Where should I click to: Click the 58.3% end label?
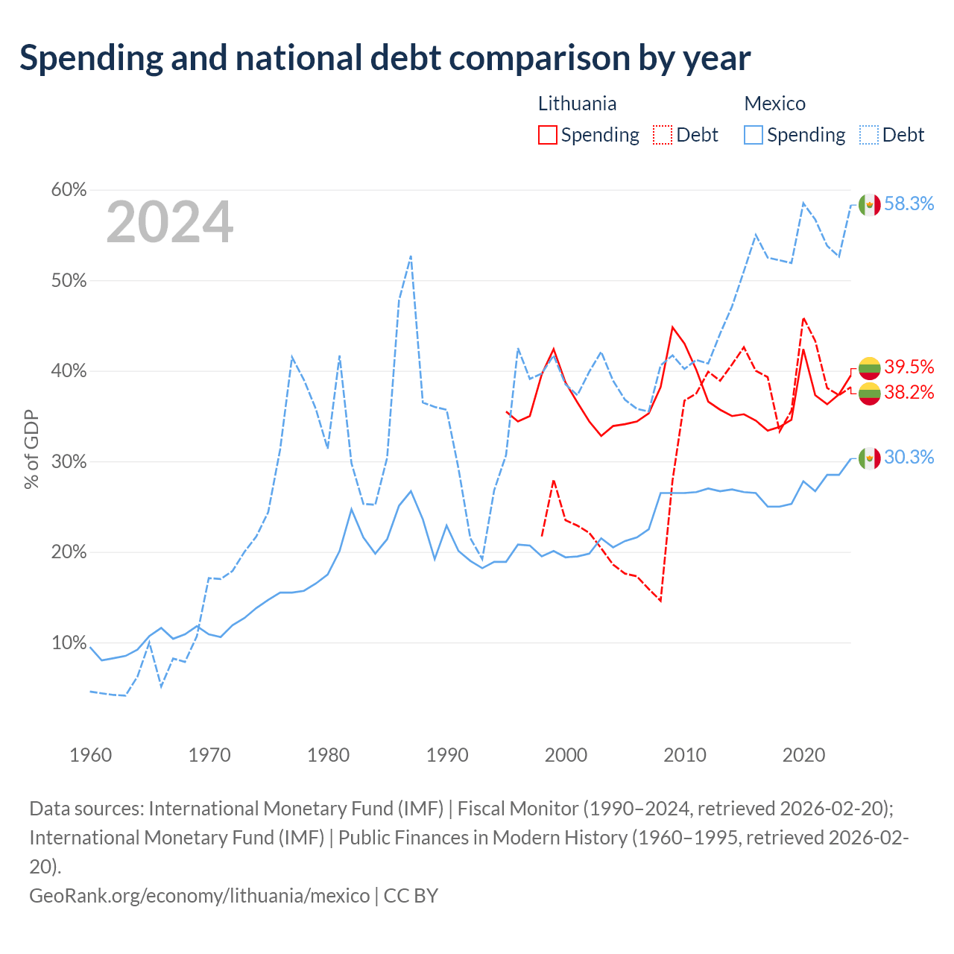point(909,203)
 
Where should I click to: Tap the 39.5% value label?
point(909,367)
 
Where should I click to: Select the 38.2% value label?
point(909,392)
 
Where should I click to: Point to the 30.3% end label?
point(909,457)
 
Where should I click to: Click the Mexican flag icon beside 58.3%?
point(869,204)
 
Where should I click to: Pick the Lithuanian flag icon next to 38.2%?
point(869,394)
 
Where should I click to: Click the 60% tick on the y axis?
point(69,189)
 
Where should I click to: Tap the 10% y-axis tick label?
point(69,642)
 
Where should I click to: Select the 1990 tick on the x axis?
point(447,755)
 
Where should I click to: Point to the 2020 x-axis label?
point(803,755)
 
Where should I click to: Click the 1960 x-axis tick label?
point(91,755)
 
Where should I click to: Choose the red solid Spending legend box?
point(548,135)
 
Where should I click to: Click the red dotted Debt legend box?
point(663,135)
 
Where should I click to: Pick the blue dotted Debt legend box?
point(868,135)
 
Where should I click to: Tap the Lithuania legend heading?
point(578,104)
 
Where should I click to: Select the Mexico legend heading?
point(775,104)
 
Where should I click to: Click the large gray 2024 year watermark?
point(169,222)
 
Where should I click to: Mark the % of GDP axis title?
point(31,449)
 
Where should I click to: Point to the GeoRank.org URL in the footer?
point(200,896)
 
